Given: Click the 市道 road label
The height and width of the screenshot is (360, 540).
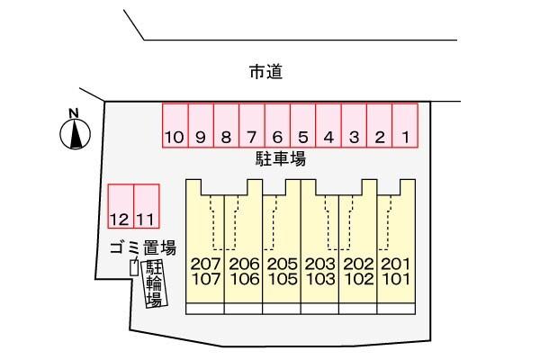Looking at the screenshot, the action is coord(266,72).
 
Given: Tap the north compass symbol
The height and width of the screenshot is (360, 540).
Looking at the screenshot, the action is coord(76,134).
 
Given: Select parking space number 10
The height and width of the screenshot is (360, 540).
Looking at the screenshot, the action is coord(175,126).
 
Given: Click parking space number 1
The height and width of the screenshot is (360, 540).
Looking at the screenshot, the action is coord(405,126).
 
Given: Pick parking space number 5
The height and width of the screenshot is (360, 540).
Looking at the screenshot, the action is coord(302,126).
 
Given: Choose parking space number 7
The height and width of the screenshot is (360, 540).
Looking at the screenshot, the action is coord(252,126).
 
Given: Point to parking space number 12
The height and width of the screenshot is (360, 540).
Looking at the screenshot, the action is coord(121,206).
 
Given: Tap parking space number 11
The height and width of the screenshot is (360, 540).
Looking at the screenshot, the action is coord(147,206).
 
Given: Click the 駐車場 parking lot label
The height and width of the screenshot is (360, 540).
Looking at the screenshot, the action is coord(281,158).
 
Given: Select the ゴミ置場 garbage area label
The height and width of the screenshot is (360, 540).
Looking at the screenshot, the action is coord(143,247).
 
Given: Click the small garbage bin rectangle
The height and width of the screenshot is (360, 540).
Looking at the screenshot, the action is coord(134,267).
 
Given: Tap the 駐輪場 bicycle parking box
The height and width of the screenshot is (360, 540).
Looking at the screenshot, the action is coord(155,283).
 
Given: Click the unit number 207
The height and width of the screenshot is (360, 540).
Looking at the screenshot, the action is coord(205,265).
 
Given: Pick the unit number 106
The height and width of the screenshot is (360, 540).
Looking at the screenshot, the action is coord(244,279).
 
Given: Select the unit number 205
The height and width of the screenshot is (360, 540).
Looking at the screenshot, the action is coord(283,265).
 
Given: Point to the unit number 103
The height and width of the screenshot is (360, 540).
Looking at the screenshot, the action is coord(320,279).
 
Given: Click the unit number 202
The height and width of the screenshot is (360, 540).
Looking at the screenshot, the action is coord(359,265).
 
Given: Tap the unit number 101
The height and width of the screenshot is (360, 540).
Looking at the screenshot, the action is coord(396,279).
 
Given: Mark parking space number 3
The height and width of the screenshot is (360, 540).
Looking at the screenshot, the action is coord(354,126).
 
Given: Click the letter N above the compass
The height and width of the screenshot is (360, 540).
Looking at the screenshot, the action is coord(74,113).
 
